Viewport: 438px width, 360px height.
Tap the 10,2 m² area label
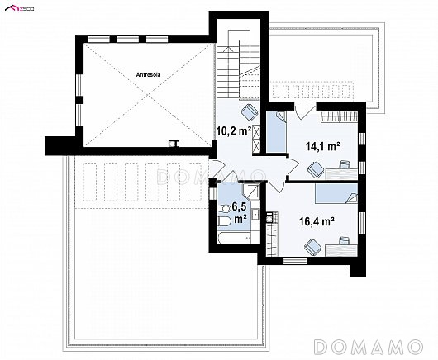pos(234,130)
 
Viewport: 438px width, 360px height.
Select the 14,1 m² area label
pos(322,146)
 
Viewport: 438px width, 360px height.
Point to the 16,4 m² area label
pos(317,221)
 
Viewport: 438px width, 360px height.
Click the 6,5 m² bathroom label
pos(240,213)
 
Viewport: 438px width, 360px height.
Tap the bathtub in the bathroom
pos(234,238)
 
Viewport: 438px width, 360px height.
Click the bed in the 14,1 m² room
pos(276,132)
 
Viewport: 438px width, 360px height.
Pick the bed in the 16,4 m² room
pos(336,193)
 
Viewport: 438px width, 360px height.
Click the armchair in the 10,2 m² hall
pos(250,111)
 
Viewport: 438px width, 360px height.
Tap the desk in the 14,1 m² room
pos(341,173)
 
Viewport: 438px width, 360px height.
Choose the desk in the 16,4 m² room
pos(341,249)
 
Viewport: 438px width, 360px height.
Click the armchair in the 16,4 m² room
pos(313,247)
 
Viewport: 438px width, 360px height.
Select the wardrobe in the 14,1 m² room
pos(339,116)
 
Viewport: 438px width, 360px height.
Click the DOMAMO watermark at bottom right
pos(368,346)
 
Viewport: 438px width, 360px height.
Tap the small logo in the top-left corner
pos(20,9)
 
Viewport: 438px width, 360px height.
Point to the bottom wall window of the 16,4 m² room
pos(295,261)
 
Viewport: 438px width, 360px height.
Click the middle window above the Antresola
pos(128,39)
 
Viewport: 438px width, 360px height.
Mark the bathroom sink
pos(255,215)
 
